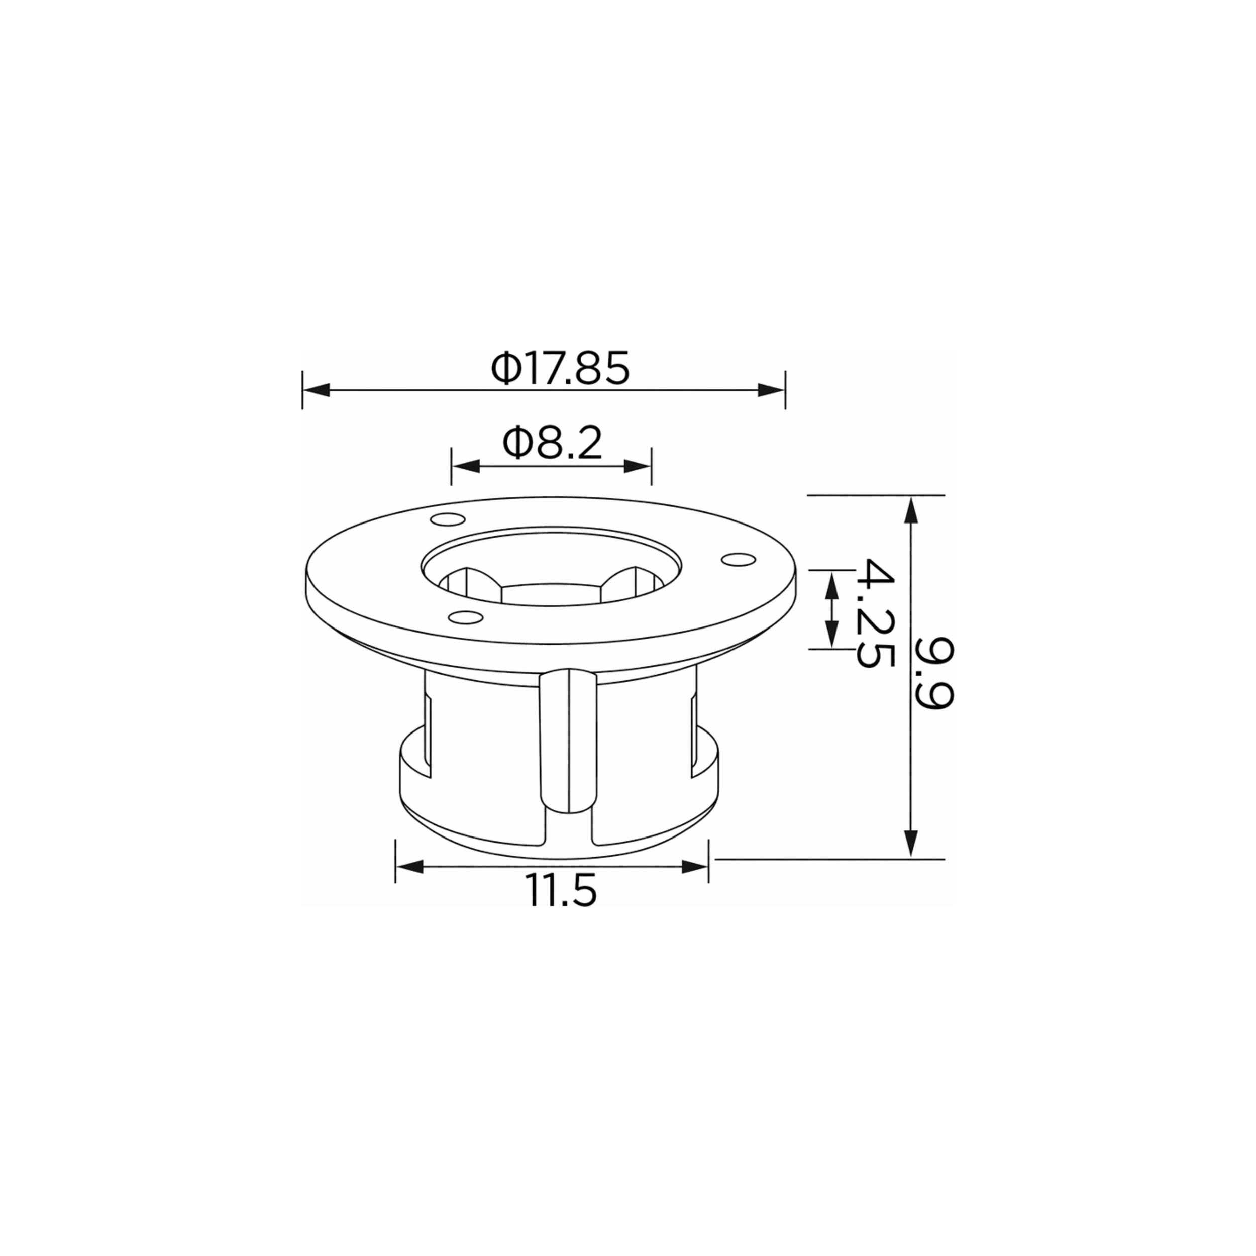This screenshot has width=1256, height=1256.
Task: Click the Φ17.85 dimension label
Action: coord(560,369)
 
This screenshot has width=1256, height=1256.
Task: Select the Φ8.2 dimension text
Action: coord(553,444)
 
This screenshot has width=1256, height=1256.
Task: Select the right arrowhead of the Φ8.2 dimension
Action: coord(637,466)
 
